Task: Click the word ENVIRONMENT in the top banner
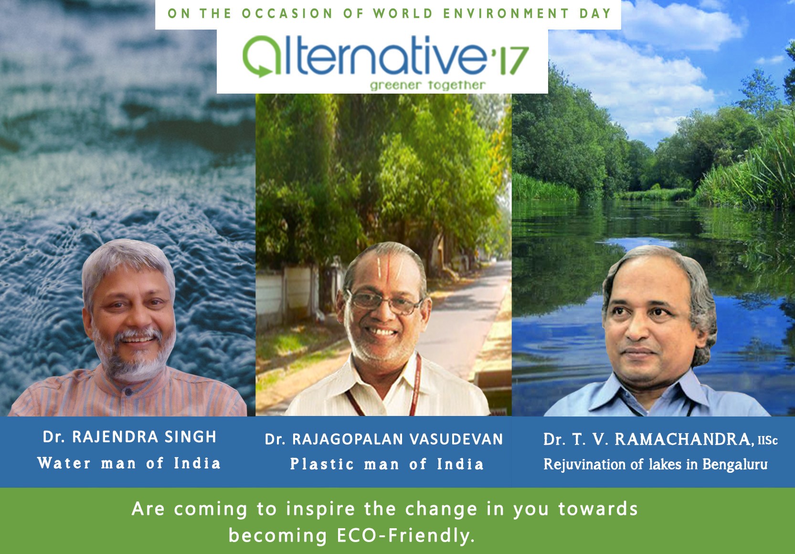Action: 506,13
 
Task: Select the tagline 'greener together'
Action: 428,85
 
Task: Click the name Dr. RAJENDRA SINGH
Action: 129,437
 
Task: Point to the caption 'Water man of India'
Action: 129,463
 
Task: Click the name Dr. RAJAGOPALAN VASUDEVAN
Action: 384,439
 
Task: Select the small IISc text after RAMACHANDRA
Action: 767,440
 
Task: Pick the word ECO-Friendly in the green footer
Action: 406,535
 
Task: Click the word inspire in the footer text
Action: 320,509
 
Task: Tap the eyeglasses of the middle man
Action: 385,302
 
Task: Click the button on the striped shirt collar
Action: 128,392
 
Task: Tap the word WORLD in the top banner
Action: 403,13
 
